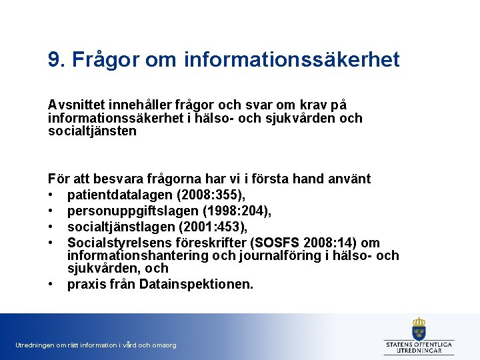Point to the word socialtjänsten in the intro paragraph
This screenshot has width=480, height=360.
[x=92, y=131]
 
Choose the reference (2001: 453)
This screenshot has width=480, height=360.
[x=204, y=227]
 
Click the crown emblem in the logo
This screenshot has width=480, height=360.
[x=419, y=328]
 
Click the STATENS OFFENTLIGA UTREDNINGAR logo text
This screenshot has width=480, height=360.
[x=419, y=347]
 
